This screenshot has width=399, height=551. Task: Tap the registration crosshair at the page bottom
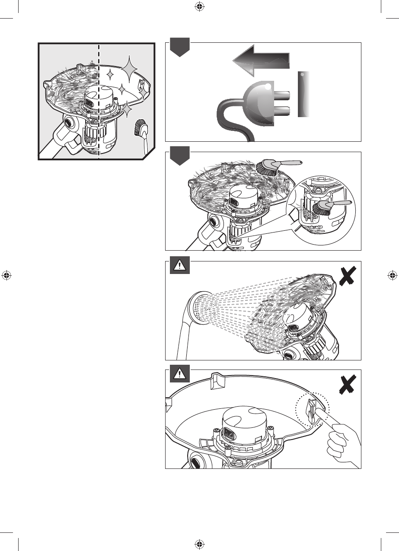tap(199, 544)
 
